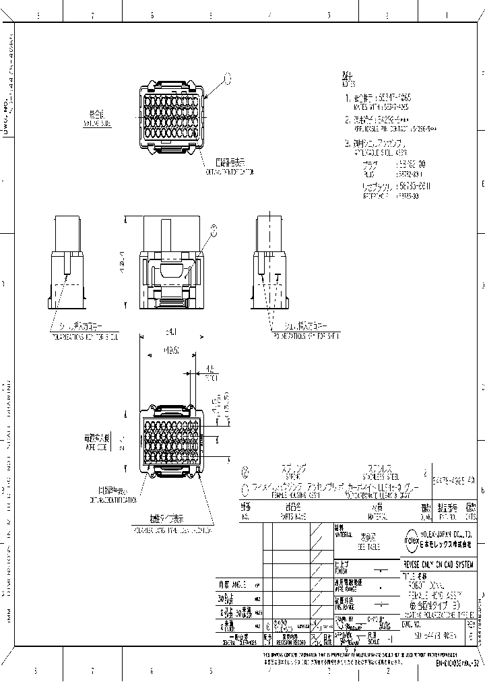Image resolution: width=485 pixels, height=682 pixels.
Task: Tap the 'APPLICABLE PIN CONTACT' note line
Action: (391, 128)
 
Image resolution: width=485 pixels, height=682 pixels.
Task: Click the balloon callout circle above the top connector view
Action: (227, 79)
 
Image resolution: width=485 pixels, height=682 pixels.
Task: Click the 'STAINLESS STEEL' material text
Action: (366, 475)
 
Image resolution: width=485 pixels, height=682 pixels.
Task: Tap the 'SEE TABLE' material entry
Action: (368, 547)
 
